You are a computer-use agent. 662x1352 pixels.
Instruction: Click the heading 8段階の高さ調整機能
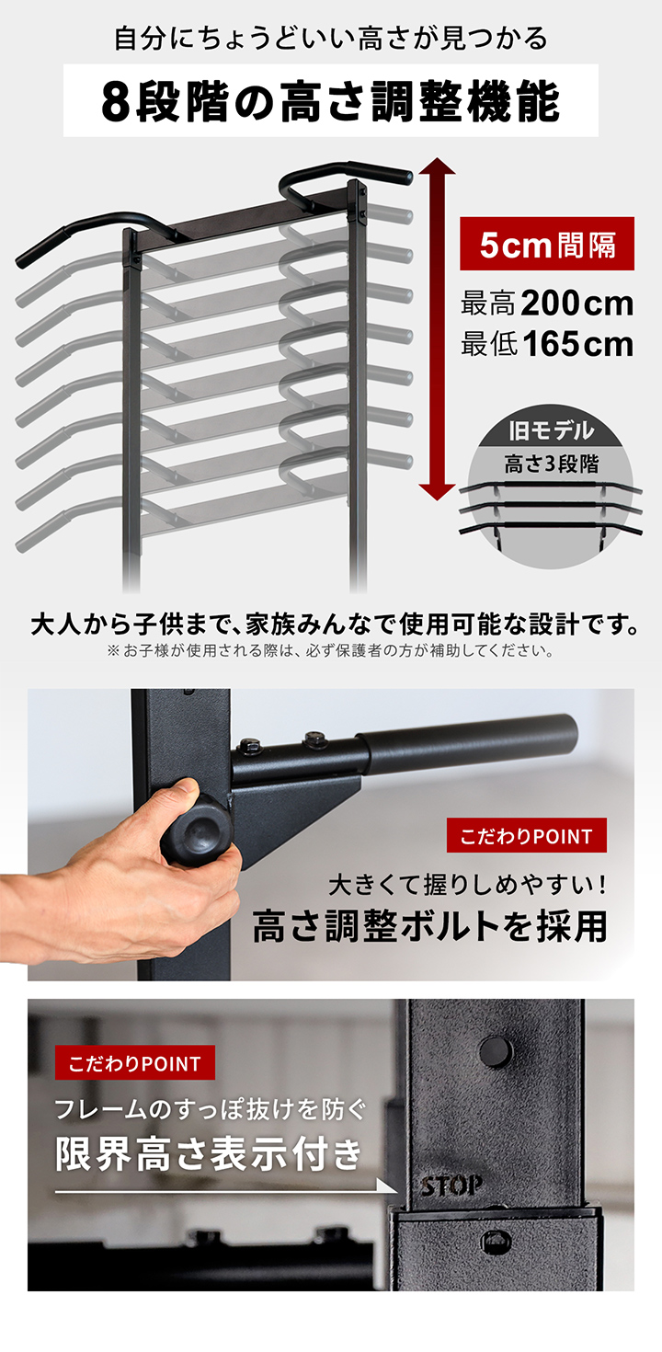pyautogui.click(x=330, y=101)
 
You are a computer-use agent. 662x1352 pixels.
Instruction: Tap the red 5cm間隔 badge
pyautogui.click(x=546, y=244)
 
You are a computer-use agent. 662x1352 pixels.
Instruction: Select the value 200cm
pyautogui.click(x=576, y=303)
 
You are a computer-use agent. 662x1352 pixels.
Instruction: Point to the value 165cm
pyautogui.click(x=577, y=345)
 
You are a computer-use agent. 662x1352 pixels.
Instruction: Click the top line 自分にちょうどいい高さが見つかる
pyautogui.click(x=330, y=39)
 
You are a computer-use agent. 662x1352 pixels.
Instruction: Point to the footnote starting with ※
pyautogui.click(x=330, y=652)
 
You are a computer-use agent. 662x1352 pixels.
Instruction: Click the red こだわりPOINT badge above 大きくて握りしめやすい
pyautogui.click(x=526, y=836)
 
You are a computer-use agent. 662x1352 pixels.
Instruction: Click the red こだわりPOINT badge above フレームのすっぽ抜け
pyautogui.click(x=134, y=1063)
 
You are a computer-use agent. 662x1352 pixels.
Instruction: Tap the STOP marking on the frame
pyautogui.click(x=451, y=1186)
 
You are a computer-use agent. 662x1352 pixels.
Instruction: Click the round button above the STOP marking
pyautogui.click(x=495, y=1048)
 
